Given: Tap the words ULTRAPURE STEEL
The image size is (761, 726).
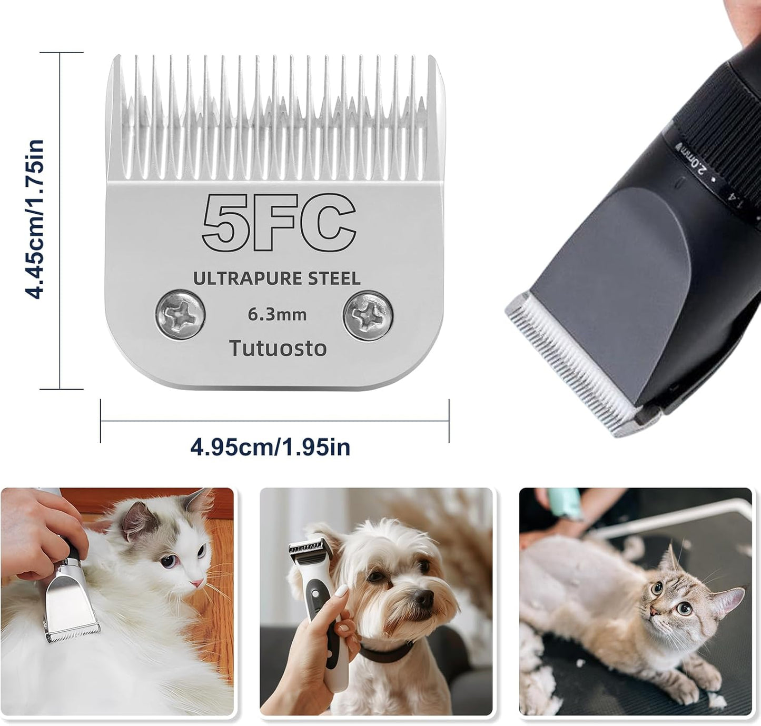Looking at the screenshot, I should coord(276,278).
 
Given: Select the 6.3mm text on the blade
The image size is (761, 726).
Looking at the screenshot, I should coord(277,315).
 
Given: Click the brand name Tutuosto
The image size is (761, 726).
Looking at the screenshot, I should coord(278,348).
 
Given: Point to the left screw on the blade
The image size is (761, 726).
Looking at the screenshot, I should coord(181,315).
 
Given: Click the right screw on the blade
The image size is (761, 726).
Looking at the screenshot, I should coord(368,315).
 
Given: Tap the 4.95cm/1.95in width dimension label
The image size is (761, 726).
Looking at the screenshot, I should coord(270,447).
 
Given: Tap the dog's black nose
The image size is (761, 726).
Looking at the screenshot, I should coord(423,597).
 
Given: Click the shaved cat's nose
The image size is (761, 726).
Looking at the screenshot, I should coord(654,612).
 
